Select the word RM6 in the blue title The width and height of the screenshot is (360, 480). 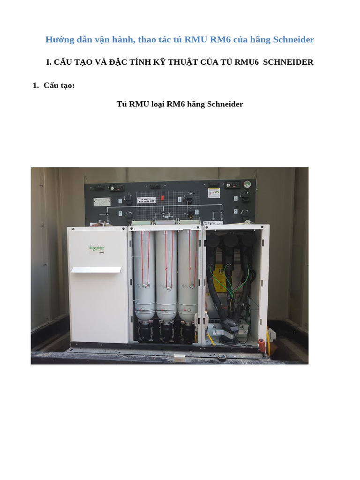tap(219, 39)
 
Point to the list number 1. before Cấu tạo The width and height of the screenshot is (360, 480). tap(36, 85)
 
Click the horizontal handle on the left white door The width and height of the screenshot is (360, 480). tap(96, 270)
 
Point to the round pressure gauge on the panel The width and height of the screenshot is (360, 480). tap(247, 185)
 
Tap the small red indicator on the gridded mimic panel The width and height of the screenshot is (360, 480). tap(162, 198)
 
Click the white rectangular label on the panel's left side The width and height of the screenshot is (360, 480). tap(102, 202)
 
